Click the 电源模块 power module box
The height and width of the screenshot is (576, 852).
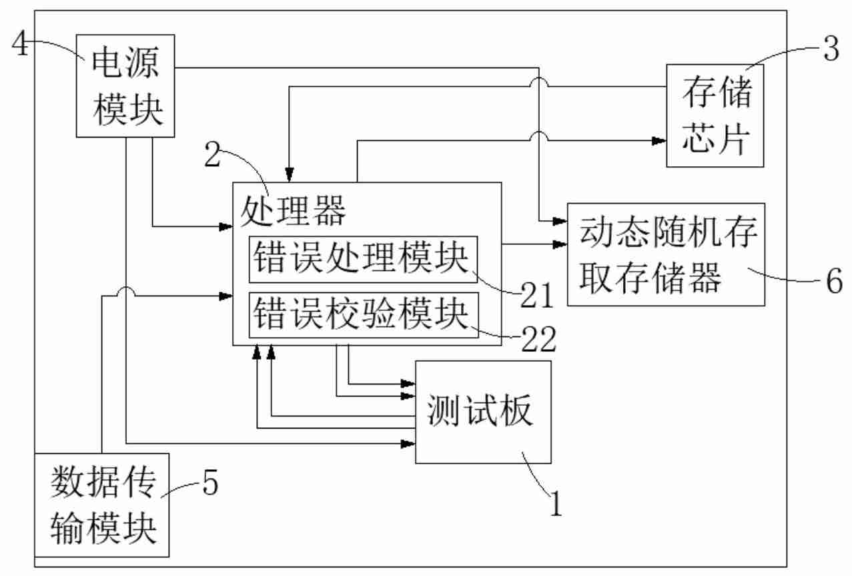[125, 86]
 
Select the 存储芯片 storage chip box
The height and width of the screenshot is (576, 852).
[715, 115]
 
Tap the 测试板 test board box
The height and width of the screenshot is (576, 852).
[484, 412]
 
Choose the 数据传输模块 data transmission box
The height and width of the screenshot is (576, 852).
[102, 505]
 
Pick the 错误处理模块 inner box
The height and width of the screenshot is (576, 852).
[364, 260]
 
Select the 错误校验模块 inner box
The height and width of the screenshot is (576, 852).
[364, 315]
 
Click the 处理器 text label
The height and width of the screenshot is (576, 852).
[294, 213]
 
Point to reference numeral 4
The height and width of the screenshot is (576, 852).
[20, 47]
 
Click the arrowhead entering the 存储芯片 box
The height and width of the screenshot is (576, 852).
[659, 141]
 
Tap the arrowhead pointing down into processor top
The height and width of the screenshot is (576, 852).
[290, 176]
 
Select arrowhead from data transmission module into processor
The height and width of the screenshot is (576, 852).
[226, 294]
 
